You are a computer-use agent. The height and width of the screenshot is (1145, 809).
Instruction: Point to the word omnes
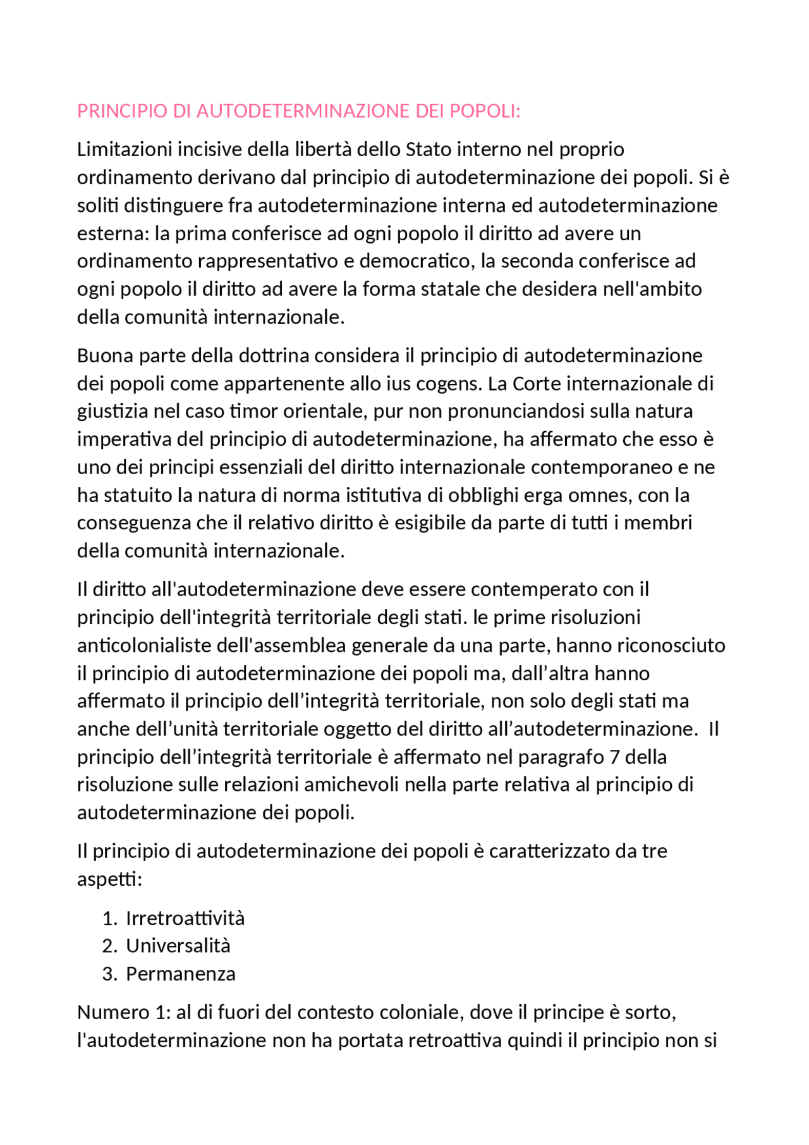[600, 495]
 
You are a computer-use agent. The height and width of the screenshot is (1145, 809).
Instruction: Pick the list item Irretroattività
[185, 919]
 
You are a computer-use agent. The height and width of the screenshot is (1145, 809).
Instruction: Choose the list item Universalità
[178, 946]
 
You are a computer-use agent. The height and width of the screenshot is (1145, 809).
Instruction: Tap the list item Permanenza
[181, 974]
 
